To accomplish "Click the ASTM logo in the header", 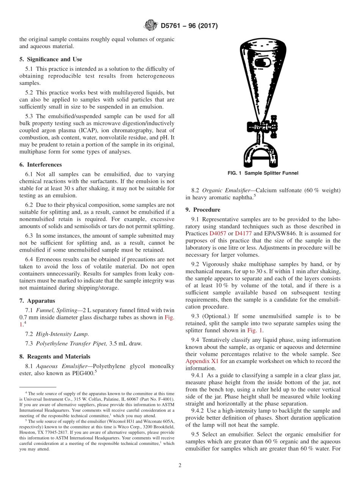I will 151,26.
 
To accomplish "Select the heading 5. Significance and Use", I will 51,59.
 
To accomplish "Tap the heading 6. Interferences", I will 41,164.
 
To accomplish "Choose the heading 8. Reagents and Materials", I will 55,356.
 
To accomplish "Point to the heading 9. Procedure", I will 203,210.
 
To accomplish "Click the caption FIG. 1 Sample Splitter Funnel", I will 263,173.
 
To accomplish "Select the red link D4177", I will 243,233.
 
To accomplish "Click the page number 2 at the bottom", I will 180,466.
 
